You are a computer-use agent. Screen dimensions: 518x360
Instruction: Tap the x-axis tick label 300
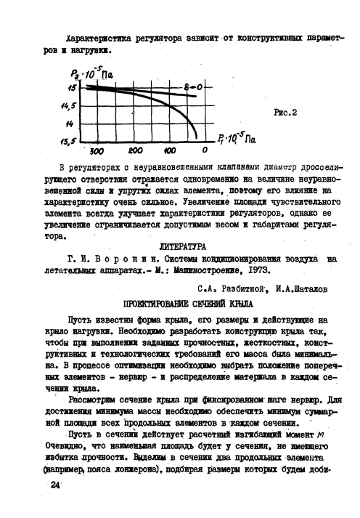pyautogui.click(x=97, y=152)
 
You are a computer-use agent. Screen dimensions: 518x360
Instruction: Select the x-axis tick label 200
pyautogui.click(x=135, y=151)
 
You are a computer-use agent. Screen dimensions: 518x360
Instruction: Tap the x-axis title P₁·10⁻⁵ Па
pyautogui.click(x=236, y=137)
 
